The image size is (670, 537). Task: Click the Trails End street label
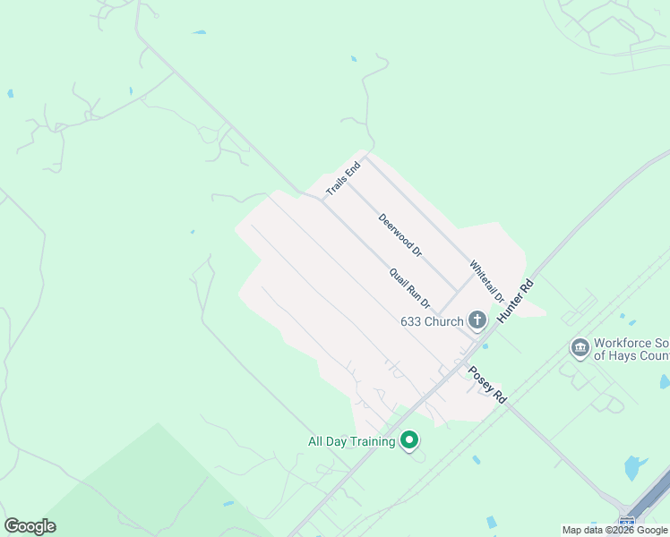tap(343, 178)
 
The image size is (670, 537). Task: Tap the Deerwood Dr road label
tap(399, 235)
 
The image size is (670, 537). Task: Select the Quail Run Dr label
tap(409, 289)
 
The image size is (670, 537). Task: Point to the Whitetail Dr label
tap(487, 280)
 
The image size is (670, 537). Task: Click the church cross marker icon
tap(477, 320)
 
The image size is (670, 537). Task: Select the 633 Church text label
tap(432, 321)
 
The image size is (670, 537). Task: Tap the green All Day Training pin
tap(409, 440)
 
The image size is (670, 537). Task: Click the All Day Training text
tap(351, 441)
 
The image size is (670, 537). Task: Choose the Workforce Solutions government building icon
tap(580, 347)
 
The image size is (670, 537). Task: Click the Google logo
tap(30, 526)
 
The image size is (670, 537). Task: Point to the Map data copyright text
tap(614, 530)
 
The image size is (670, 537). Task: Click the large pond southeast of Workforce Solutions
tap(634, 467)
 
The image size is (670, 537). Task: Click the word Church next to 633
tap(444, 321)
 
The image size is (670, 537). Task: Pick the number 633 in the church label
tap(411, 321)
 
